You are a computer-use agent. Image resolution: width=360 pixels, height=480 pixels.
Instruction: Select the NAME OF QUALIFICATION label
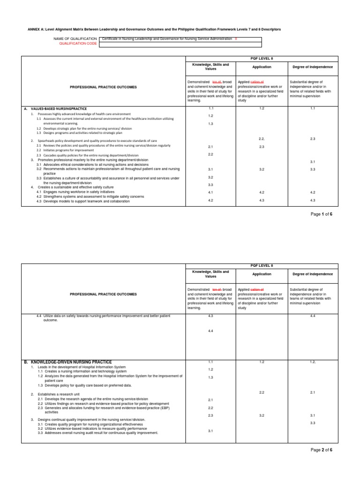coord(76,38)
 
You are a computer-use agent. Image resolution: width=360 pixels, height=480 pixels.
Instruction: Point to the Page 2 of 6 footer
coord(321,450)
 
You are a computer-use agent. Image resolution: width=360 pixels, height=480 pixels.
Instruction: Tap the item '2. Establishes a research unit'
coord(59,394)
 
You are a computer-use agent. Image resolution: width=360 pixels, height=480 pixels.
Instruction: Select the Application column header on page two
coord(262,274)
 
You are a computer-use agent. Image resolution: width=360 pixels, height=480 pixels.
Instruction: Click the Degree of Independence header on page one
coord(313,67)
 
